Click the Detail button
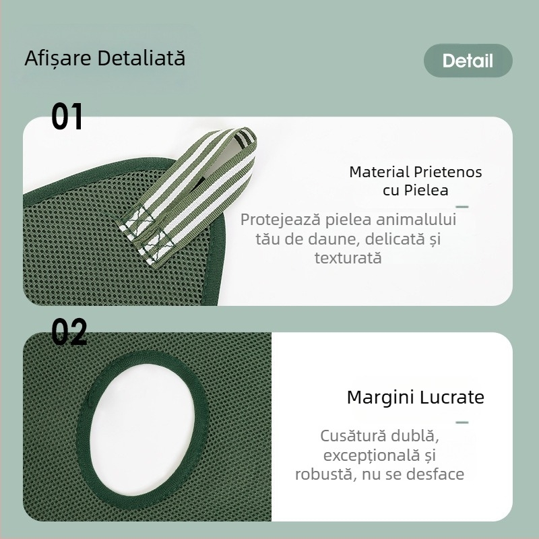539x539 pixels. pos(468,61)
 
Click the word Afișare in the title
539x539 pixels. pos(58,58)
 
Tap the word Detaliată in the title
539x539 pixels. pos(141,57)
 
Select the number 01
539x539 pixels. pos(67,116)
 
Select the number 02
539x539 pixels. pos(69,331)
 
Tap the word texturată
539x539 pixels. pos(348,258)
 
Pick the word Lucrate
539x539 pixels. pos(451,397)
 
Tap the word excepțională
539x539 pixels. pos(371,456)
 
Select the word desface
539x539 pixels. pos(435,474)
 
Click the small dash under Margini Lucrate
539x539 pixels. pos(462,422)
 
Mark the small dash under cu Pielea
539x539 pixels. pos(462,207)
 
